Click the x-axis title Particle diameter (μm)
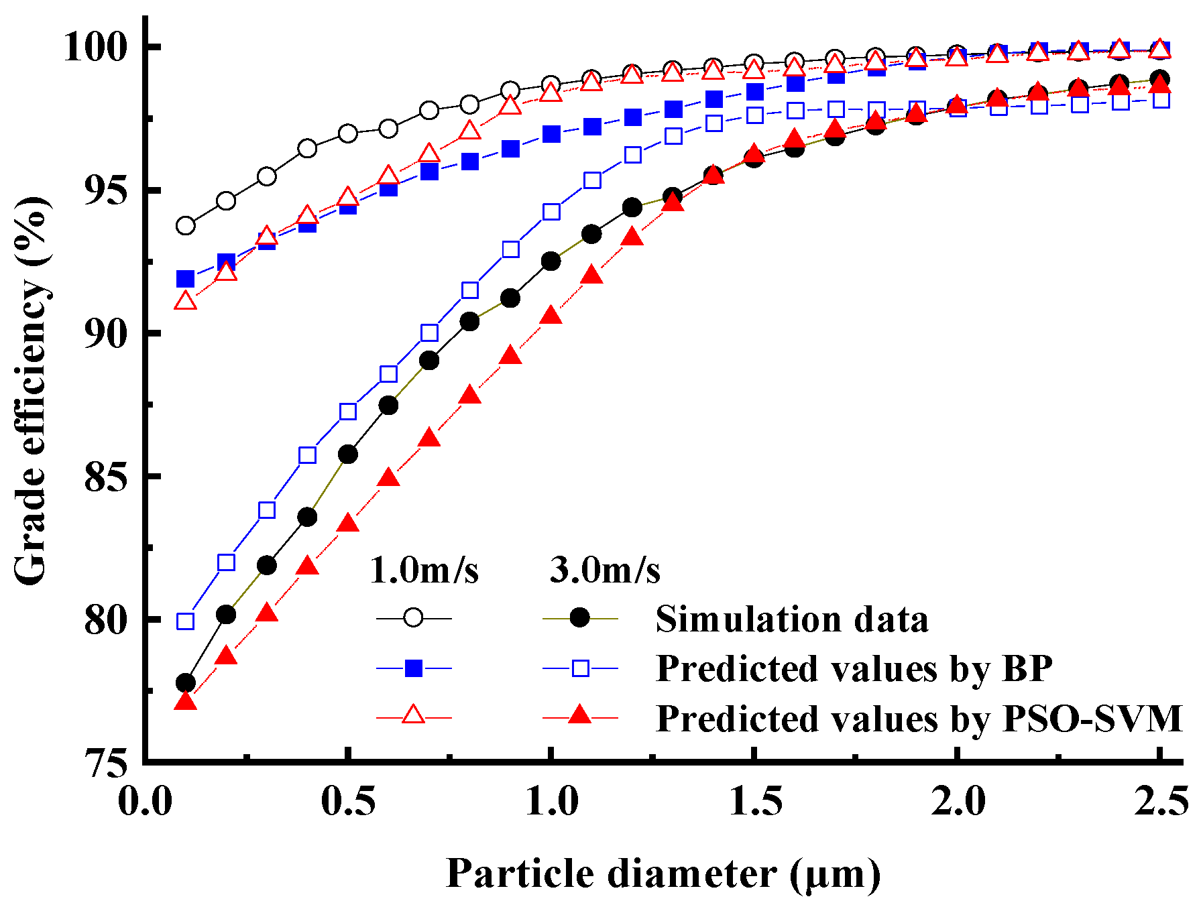tap(663, 874)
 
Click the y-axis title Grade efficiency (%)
tap(31, 391)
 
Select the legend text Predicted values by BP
tap(854, 668)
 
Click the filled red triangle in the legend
tap(579, 716)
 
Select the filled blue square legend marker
tap(414, 668)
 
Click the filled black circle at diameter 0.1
tap(186, 683)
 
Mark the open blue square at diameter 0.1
tap(186, 621)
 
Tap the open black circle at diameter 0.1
tap(186, 226)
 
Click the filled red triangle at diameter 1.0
tap(551, 315)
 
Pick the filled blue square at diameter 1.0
tap(551, 134)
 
